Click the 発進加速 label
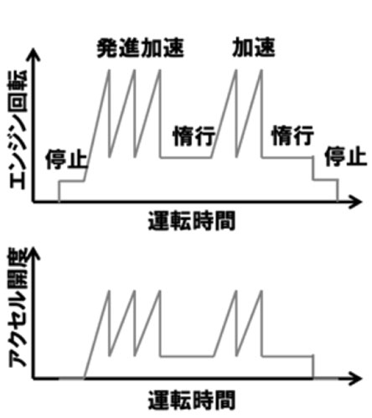140,48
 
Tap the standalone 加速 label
254,48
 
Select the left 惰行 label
194,136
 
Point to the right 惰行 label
292,135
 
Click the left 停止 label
66,159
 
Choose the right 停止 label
346,157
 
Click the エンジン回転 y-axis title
18,130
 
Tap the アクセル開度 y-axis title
18,308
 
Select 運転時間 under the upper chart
192,221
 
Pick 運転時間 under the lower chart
192,400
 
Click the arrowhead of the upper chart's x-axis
356,201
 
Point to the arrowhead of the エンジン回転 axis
34,54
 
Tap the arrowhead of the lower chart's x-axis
356,379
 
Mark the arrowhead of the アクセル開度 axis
34,253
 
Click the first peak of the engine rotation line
109,70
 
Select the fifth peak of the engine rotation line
261,70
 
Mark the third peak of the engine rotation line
160,70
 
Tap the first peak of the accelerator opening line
109,291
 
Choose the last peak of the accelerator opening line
261,291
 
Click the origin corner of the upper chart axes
34,201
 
